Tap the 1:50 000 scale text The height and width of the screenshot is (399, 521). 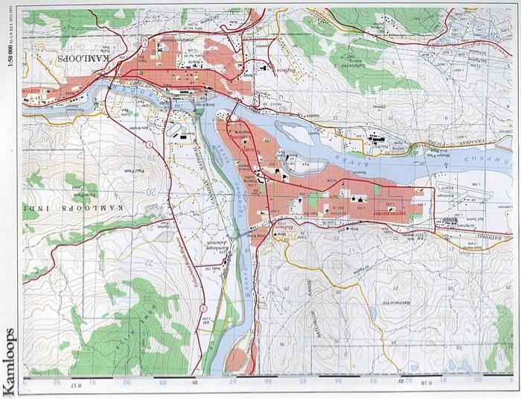tap(10, 75)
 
